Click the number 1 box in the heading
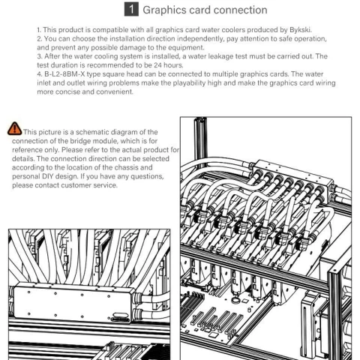coord(131,10)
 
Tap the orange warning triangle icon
coord(15,128)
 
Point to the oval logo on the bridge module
coord(120,315)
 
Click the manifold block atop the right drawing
coord(293,175)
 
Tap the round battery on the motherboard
coord(235,300)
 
